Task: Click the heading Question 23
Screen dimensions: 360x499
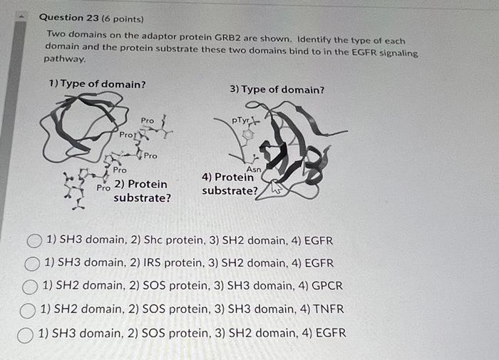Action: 70,17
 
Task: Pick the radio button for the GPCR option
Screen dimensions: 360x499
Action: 31,287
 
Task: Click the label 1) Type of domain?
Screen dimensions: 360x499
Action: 97,84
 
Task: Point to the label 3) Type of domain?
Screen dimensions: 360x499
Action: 277,90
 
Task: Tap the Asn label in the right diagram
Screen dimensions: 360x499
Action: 252,169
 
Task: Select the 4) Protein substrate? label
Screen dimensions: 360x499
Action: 230,184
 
